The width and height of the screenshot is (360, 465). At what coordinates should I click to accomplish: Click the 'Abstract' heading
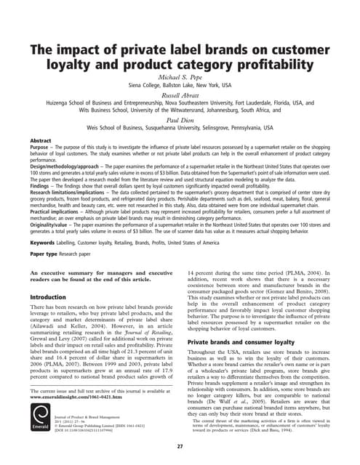tap(41, 139)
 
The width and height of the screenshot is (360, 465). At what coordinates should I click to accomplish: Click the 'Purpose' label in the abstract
tap(40, 146)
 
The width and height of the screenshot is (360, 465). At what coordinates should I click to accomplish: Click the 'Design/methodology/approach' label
tap(69, 166)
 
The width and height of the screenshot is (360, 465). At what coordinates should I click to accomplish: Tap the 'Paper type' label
tap(44, 254)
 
